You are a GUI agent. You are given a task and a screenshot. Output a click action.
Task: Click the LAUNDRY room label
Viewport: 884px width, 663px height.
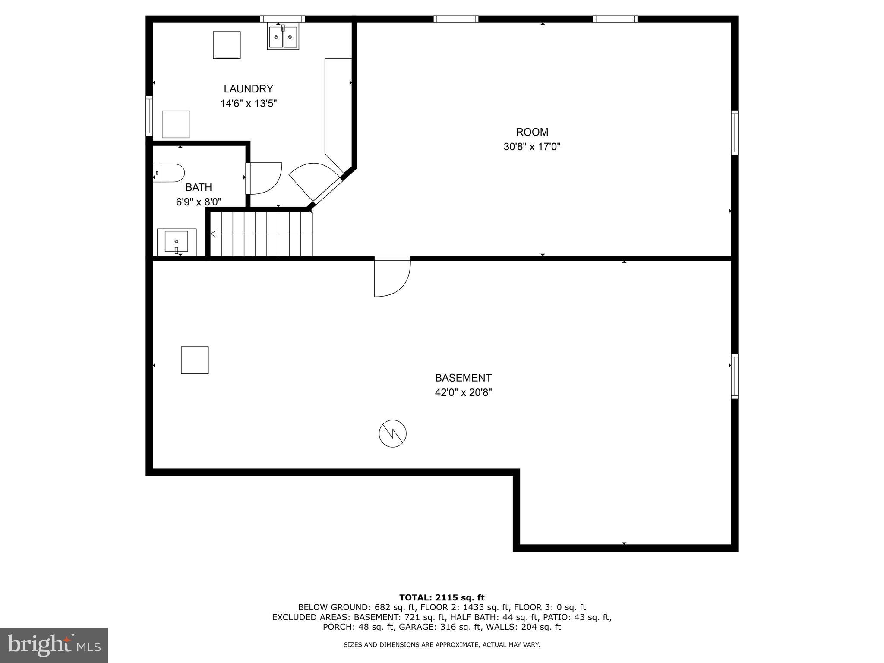click(x=248, y=89)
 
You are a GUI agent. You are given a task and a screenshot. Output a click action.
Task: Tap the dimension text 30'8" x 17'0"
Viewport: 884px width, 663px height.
click(x=532, y=147)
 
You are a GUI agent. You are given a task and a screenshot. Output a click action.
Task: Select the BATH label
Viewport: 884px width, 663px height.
click(x=199, y=187)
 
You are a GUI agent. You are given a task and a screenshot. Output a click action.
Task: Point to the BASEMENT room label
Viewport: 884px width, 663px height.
click(x=463, y=378)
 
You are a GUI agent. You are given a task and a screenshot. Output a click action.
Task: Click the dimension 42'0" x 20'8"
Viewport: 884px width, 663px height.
click(x=463, y=393)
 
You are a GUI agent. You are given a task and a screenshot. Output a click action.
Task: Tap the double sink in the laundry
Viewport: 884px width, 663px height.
click(x=283, y=37)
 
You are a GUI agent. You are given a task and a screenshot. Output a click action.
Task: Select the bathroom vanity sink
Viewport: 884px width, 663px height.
click(x=177, y=241)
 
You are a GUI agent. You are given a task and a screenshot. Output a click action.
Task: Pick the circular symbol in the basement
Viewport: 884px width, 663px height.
click(x=392, y=433)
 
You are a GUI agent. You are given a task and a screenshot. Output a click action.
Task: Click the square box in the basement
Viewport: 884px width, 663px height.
click(x=195, y=360)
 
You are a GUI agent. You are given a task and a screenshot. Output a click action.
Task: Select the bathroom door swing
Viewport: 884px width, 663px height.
click(x=265, y=178)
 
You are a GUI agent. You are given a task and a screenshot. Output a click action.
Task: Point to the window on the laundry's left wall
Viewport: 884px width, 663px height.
click(x=149, y=116)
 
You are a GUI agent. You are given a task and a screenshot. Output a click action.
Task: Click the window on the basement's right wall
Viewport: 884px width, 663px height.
click(x=735, y=376)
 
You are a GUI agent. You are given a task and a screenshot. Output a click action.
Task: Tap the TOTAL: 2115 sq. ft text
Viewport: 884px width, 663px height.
click(x=442, y=597)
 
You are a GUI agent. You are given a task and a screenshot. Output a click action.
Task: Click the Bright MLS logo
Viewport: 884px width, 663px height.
click(x=54, y=645)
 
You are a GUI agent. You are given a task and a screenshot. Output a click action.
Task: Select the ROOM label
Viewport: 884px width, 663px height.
click(x=532, y=132)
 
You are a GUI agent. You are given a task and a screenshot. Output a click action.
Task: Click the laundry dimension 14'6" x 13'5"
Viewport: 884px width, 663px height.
click(x=248, y=104)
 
